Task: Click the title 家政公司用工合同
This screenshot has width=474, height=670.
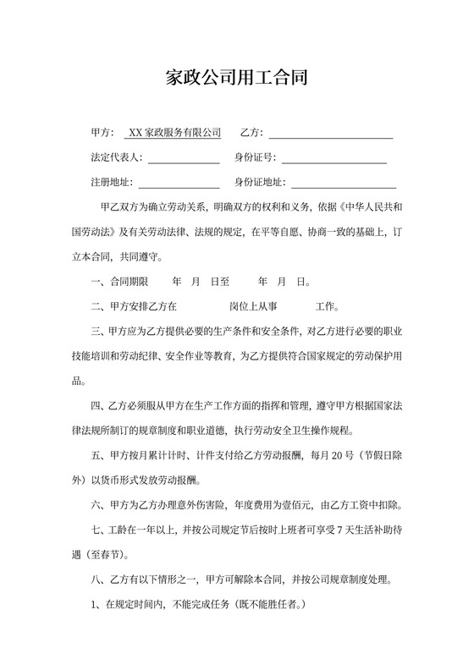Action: (x=236, y=79)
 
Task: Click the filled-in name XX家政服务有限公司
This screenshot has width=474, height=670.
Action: (x=174, y=133)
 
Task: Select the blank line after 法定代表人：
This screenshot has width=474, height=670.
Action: (x=184, y=158)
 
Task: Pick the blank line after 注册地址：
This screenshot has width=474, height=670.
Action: (x=179, y=183)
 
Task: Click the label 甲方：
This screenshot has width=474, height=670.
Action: (x=102, y=133)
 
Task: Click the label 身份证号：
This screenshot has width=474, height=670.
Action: (x=255, y=158)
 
